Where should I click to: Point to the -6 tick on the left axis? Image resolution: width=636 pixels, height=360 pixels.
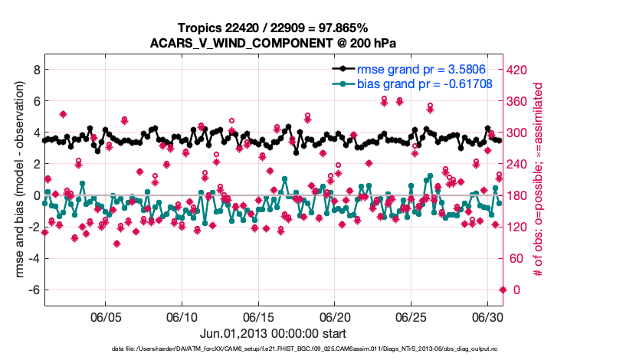(33, 290)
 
